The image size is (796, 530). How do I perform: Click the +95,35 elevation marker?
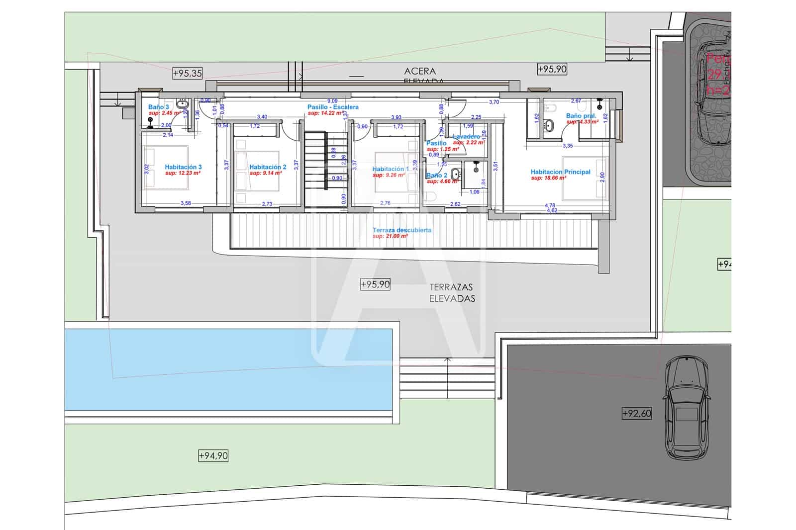tap(188, 73)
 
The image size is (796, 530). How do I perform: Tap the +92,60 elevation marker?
tap(636, 413)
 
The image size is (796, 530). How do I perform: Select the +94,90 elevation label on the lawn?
tap(213, 455)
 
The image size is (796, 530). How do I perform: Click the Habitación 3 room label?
tap(183, 167)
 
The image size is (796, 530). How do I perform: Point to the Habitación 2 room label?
tap(268, 167)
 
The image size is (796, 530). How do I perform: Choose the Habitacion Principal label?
tap(560, 172)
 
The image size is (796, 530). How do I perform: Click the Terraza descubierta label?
tap(402, 230)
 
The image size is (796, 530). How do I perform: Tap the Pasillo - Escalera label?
tap(333, 107)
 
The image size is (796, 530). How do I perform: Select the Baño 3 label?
tap(158, 107)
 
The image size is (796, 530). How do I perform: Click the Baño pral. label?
tap(581, 116)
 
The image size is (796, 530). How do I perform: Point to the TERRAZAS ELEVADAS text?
tap(452, 293)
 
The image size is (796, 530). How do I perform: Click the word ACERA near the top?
tap(420, 71)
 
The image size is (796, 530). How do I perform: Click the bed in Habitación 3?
tap(166, 167)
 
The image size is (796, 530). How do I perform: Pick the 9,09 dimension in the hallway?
tap(332, 101)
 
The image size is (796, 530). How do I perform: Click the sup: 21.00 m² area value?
tap(390, 236)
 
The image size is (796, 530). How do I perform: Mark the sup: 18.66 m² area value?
tap(546, 178)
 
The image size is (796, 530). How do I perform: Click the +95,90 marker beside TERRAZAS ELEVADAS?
tap(375, 284)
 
